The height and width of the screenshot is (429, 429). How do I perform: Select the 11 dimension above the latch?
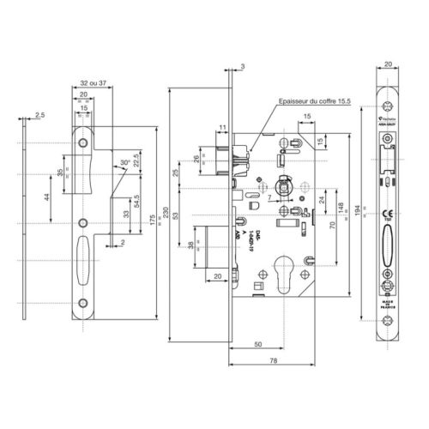coord(221,128)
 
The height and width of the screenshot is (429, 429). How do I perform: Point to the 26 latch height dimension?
coord(197,160)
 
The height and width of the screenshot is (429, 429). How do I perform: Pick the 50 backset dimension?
coord(257,343)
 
